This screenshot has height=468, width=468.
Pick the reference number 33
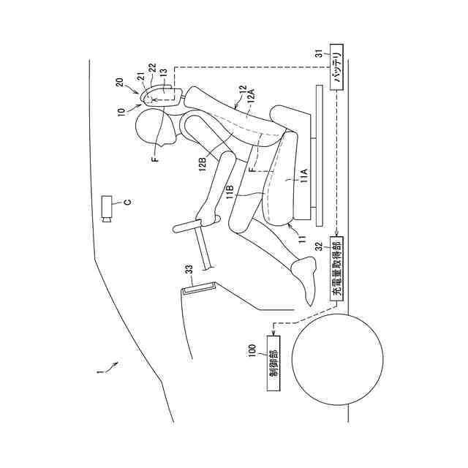coord(189,270)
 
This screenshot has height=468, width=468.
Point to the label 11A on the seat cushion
coord(303,174)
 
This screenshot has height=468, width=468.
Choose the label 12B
coord(201,165)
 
